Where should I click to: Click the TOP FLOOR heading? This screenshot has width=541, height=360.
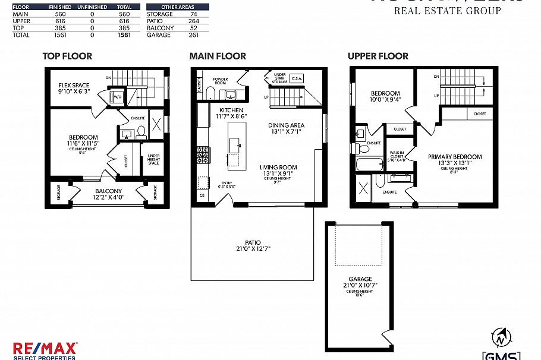pyautogui.click(x=67, y=56)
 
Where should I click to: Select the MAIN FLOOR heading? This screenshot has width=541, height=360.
pyautogui.click(x=218, y=56)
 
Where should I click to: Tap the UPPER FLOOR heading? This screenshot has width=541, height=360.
pyautogui.click(x=378, y=56)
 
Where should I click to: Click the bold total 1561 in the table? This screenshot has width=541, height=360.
pyautogui.click(x=124, y=36)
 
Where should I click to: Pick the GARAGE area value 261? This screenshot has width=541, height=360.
pyautogui.click(x=194, y=36)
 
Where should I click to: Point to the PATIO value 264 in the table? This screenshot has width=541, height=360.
pyautogui.click(x=194, y=21)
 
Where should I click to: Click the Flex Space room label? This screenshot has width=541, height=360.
pyautogui.click(x=74, y=88)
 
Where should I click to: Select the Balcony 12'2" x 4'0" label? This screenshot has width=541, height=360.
pyautogui.click(x=108, y=194)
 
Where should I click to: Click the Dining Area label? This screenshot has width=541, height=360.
pyautogui.click(x=286, y=128)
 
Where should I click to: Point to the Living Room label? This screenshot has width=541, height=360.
pyautogui.click(x=278, y=170)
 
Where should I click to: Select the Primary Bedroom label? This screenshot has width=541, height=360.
pyautogui.click(x=455, y=160)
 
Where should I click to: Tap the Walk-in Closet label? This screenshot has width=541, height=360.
pyautogui.click(x=396, y=154)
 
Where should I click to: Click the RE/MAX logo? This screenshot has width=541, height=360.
pyautogui.click(x=44, y=349)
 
